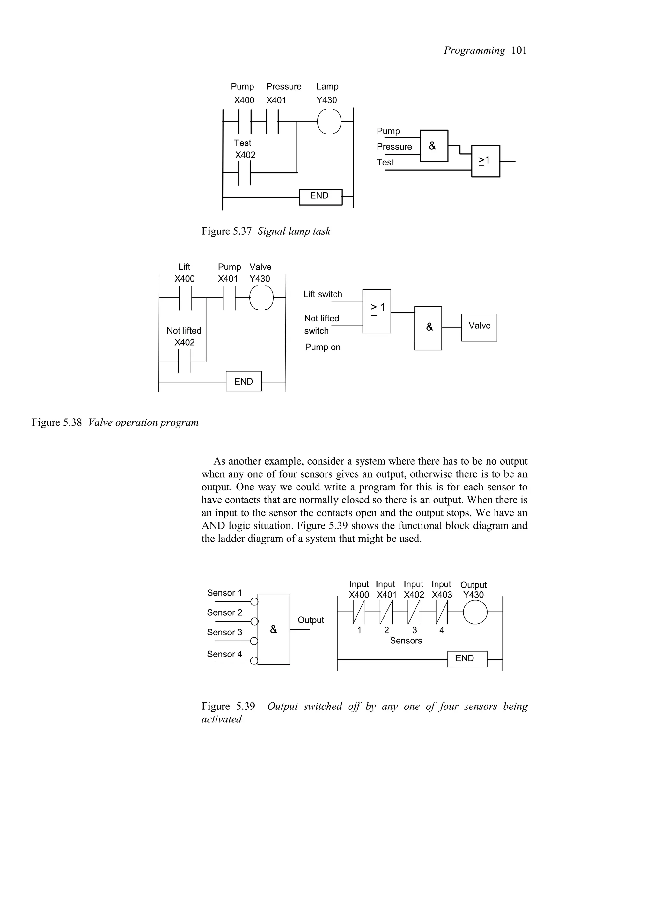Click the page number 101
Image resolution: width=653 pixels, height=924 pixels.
[x=519, y=50]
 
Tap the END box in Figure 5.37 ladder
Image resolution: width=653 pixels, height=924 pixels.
[x=320, y=197]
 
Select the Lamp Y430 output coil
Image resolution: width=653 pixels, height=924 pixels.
[x=329, y=121]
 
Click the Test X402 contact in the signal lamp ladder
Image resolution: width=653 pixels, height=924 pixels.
[x=244, y=172]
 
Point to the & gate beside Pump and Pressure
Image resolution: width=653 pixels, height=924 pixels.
[x=434, y=146]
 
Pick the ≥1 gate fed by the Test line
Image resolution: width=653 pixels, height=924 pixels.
[x=485, y=161]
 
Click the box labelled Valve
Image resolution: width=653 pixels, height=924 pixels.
[x=479, y=327]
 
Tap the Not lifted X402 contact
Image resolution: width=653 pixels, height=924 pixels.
[x=185, y=361]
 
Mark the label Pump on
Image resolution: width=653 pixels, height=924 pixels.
[x=322, y=347]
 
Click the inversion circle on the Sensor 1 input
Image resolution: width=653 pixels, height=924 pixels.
[x=254, y=602]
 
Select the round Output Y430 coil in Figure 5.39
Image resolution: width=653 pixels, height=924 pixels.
[x=475, y=612]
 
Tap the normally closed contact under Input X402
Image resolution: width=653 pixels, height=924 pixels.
[x=414, y=612]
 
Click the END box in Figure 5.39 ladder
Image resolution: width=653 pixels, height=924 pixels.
[x=467, y=659]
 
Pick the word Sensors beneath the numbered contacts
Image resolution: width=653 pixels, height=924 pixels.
[x=406, y=641]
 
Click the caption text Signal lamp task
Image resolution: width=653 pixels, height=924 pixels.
[x=294, y=231]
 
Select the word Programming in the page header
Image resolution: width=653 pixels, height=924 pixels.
[x=474, y=50]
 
